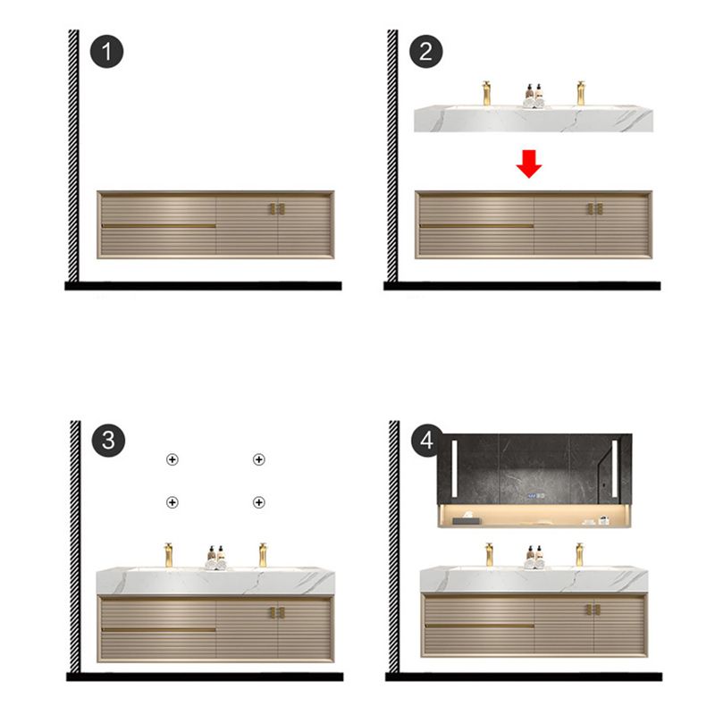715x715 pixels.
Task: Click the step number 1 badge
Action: (107, 50)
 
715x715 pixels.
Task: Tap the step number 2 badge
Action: (426, 50)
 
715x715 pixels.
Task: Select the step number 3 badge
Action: (107, 439)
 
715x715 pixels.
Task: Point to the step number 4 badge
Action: (426, 439)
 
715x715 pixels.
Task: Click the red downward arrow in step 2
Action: (529, 164)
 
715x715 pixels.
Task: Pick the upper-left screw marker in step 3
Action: (172, 459)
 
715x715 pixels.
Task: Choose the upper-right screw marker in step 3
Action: (258, 459)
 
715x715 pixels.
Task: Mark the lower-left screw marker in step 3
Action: (172, 502)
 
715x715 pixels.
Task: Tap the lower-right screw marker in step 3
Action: (258, 502)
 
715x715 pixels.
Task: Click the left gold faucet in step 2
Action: (487, 93)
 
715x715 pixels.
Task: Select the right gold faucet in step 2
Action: (580, 93)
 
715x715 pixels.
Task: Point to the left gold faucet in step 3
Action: (167, 553)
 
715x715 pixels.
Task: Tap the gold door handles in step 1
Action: (276, 209)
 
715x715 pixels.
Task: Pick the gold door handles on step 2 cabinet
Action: (595, 209)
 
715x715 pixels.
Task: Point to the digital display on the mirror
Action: (534, 497)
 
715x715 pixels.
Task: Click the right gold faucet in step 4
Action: (580, 553)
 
